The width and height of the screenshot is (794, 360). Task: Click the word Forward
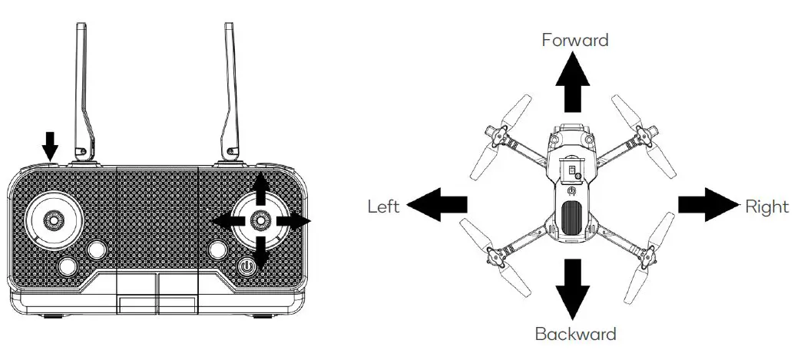tap(574, 40)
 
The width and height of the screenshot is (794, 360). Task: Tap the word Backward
tap(575, 334)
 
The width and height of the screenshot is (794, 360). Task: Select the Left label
tap(383, 206)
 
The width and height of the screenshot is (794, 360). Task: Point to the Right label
tap(766, 206)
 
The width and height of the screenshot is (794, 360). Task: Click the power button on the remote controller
tap(246, 268)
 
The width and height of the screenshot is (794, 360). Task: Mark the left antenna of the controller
tap(83, 92)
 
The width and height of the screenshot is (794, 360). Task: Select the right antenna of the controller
tap(230, 92)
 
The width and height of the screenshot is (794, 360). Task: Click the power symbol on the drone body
tap(573, 190)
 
